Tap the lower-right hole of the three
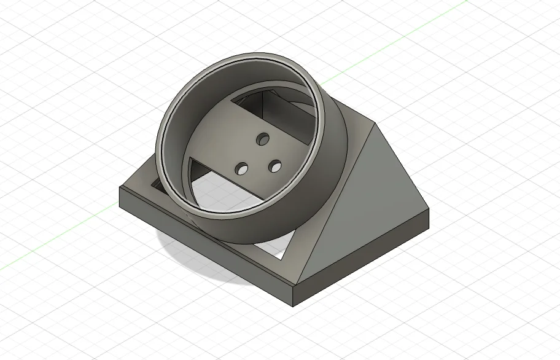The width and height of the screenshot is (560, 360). [x=274, y=166]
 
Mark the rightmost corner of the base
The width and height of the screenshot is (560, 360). [x=429, y=213]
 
